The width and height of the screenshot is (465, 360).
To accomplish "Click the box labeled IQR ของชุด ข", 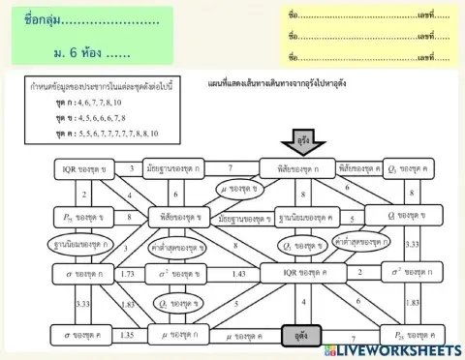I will tap(83, 169).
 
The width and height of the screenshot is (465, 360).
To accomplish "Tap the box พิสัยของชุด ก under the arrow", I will tap(296, 167).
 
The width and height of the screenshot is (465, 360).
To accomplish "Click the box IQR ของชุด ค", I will tap(296, 275).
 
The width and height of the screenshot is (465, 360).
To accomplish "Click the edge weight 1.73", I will tap(128, 275).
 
